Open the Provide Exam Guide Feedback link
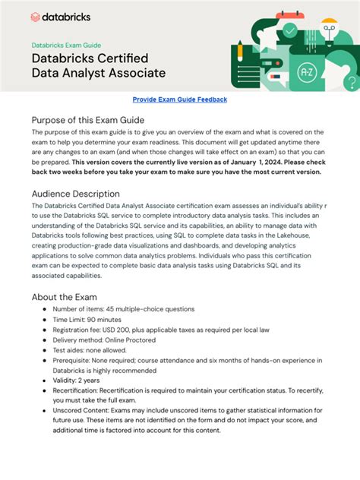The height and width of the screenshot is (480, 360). (179, 99)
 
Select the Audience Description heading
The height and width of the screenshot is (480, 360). (75, 194)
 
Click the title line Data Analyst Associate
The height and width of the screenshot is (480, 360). (98, 73)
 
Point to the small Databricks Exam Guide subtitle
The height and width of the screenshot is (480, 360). (66, 46)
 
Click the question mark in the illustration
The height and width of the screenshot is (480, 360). (351, 82)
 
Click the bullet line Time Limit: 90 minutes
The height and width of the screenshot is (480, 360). (94, 322)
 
